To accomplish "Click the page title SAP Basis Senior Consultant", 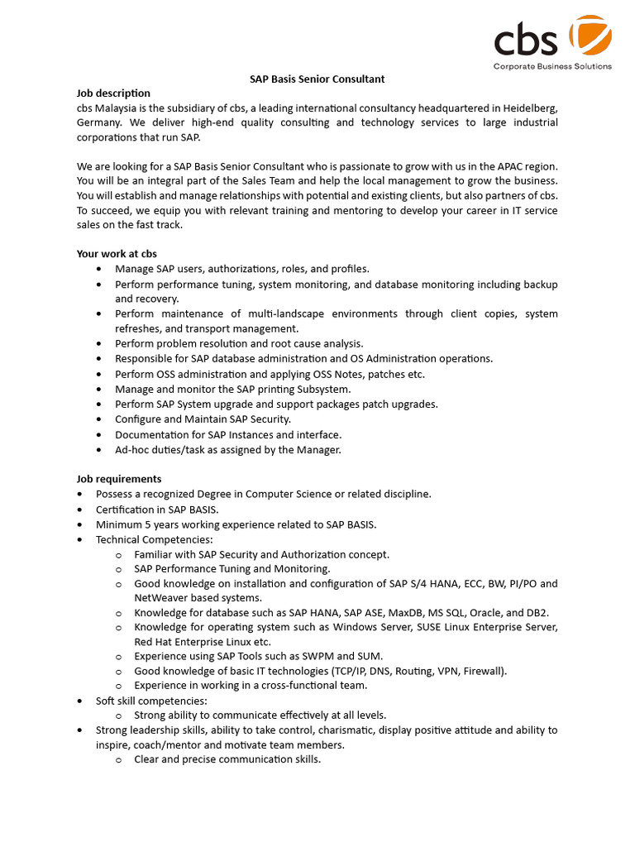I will (x=317, y=79).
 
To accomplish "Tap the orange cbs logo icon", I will (x=591, y=36).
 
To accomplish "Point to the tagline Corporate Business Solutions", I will (x=552, y=66).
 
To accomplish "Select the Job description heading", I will (x=113, y=93).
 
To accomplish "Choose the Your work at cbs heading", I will (x=117, y=254).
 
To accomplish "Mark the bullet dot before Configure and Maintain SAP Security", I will (x=100, y=419).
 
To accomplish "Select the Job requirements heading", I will (x=119, y=479).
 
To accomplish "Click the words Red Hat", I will (x=154, y=642).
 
